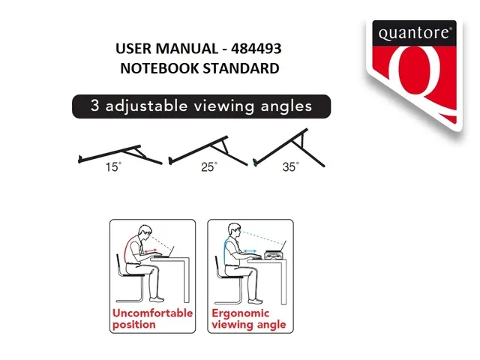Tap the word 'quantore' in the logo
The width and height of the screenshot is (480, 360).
point(414,34)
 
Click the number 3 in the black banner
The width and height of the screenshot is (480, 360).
point(95,106)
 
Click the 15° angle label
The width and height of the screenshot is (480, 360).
point(113,167)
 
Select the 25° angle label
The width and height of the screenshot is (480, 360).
point(208,167)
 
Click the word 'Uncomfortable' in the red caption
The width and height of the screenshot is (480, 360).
point(152,313)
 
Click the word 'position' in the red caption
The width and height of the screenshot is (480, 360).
point(134,324)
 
